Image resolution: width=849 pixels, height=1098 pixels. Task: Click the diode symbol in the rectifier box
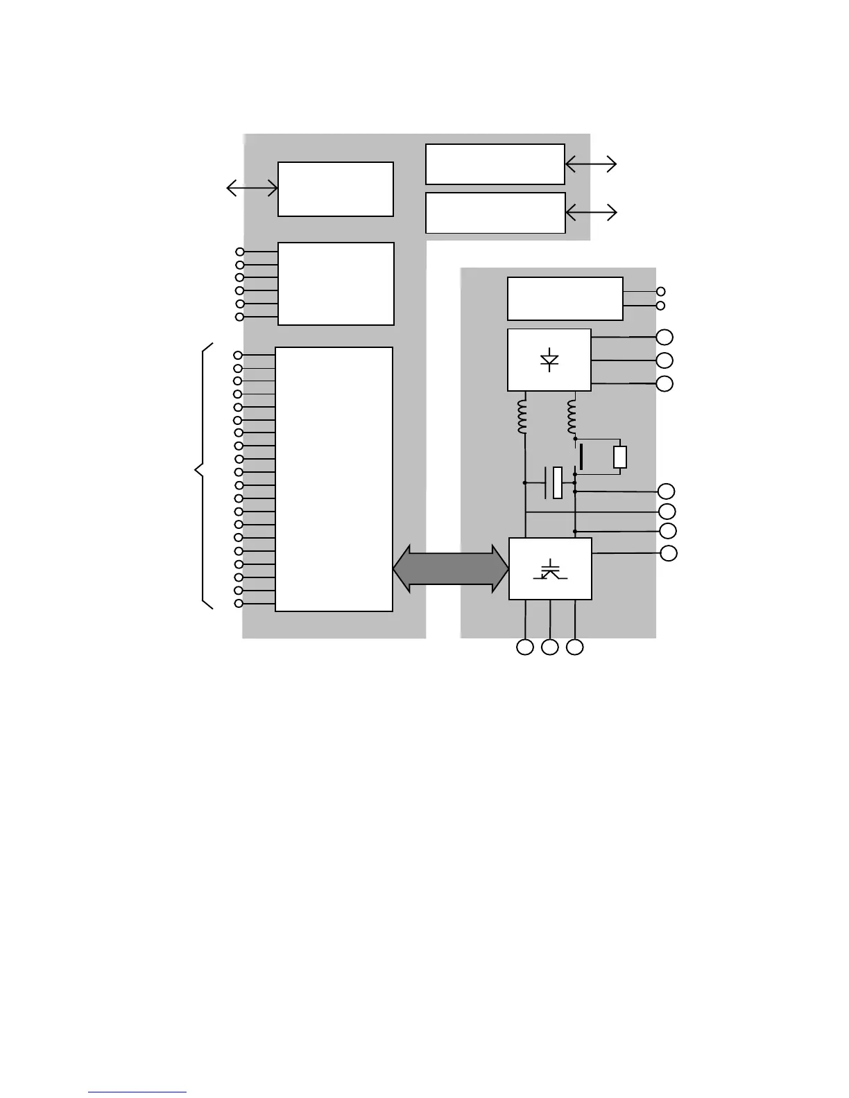[550, 360]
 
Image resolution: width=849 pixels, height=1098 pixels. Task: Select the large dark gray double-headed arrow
[451, 569]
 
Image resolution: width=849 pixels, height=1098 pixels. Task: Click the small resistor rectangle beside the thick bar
[620, 457]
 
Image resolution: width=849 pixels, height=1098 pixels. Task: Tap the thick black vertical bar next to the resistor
[581, 457]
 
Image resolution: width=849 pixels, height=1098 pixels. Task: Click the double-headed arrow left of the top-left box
[252, 188]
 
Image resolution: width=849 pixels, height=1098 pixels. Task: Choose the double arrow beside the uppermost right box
[591, 164]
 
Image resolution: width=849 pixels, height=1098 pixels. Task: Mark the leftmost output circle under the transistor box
[525, 647]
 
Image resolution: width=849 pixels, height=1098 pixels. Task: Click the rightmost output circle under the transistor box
[575, 647]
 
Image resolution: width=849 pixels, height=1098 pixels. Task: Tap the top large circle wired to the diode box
[664, 338]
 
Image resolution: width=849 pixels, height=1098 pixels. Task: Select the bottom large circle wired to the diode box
[664, 384]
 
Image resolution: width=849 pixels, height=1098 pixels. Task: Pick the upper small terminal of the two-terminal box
[661, 292]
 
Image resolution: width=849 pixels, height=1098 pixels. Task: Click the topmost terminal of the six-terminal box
[240, 252]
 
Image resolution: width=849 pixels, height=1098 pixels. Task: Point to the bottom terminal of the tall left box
[239, 604]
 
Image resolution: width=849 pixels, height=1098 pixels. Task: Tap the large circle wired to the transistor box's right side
[669, 553]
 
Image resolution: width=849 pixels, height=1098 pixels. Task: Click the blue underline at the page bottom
[137, 1092]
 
